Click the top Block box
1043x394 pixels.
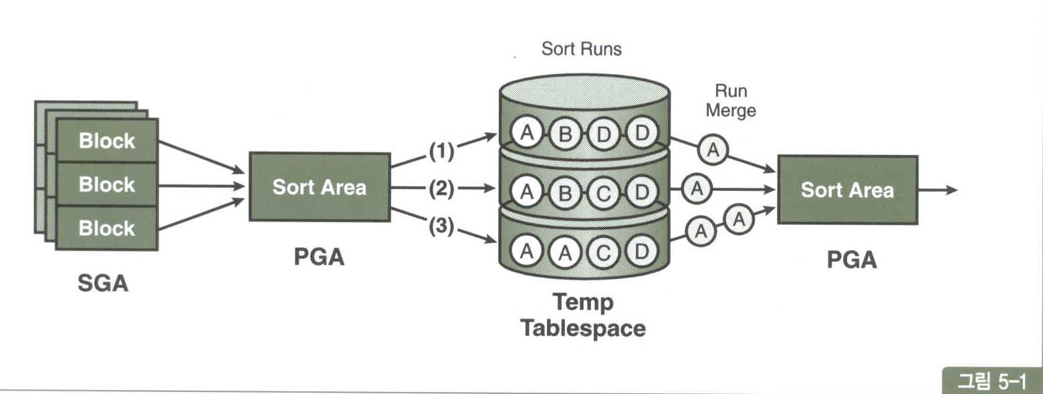pyautogui.click(x=107, y=142)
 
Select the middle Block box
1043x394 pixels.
pyautogui.click(x=107, y=185)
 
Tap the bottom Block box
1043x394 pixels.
pyautogui.click(x=107, y=228)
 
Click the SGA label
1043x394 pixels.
pyautogui.click(x=102, y=284)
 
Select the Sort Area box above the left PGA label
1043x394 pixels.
pyautogui.click(x=319, y=188)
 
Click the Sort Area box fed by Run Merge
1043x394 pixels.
pyautogui.click(x=847, y=190)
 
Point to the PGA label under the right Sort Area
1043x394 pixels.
pyautogui.click(x=851, y=259)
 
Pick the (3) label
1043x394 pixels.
pyautogui.click(x=441, y=227)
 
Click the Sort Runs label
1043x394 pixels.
pyautogui.click(x=581, y=49)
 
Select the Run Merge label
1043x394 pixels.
pyautogui.click(x=731, y=100)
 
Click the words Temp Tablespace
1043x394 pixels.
pyautogui.click(x=583, y=315)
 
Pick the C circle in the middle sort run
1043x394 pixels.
pyautogui.click(x=604, y=192)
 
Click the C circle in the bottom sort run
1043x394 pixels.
pyautogui.click(x=604, y=252)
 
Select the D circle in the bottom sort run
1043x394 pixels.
pyautogui.click(x=642, y=252)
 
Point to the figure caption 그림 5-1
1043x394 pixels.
pyautogui.click(x=991, y=381)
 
